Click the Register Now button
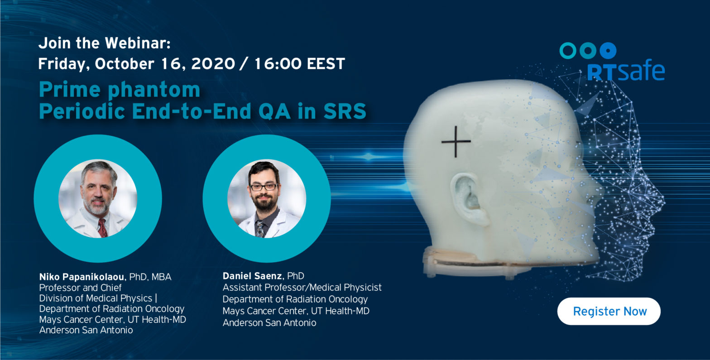point(609,311)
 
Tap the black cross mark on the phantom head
point(456,141)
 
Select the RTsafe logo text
point(626,70)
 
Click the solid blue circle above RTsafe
point(608,51)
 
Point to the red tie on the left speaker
point(102,227)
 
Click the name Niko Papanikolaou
point(82,277)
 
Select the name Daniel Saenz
point(252,276)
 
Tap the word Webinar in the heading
point(137,43)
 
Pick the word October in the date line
point(124,64)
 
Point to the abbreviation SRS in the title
point(345,111)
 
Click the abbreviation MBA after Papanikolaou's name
point(161,277)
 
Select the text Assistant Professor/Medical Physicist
point(302,288)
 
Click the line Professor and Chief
point(80,288)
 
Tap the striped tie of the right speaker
point(260,229)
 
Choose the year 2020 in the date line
point(213,64)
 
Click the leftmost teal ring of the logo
point(568,51)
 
